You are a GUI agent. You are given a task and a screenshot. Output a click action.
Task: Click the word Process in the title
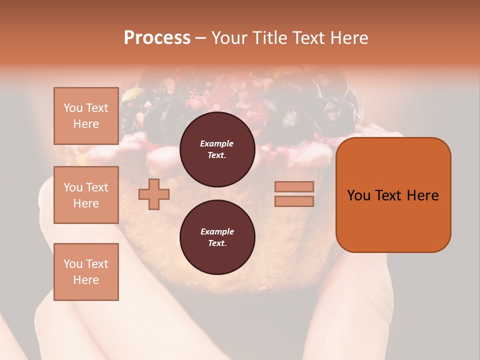coord(157,38)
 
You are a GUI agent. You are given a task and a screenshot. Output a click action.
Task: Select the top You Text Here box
coord(86,116)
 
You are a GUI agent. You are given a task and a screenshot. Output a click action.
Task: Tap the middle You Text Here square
coord(86,195)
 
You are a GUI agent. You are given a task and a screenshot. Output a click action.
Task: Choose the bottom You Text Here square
coord(86,271)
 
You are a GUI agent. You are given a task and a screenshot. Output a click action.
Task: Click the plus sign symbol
coord(154,194)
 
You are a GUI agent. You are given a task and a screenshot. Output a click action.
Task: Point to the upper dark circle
coord(217,149)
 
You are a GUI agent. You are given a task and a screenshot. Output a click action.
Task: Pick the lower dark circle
coord(217,237)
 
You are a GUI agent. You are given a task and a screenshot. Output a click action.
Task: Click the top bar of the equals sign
coord(294,186)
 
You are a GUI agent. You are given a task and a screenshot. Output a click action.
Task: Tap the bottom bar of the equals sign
coord(294,201)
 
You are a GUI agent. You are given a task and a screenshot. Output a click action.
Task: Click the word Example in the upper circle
coord(217,143)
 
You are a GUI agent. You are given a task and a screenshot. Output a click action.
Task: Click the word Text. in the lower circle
coord(217,243)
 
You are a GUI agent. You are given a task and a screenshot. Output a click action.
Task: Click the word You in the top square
coord(73,108)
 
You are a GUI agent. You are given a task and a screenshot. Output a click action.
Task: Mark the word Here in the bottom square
coord(86,280)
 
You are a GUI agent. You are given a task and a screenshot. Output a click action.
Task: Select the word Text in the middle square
coord(97,187)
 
